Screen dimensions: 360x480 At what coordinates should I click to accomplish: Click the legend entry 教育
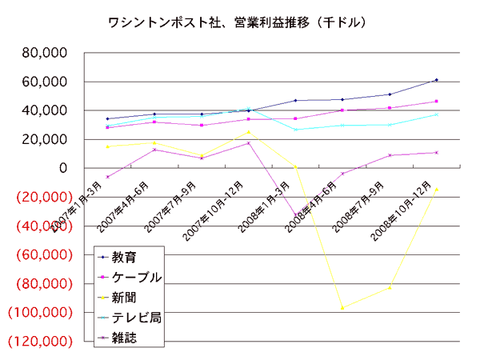(x=123, y=258)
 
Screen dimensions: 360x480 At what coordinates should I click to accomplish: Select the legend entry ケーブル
(x=137, y=278)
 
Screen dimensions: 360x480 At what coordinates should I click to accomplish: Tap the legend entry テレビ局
(x=137, y=318)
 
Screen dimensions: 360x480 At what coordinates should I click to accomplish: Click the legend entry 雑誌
(x=123, y=338)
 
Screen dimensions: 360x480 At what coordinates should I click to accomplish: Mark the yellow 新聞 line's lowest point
(x=342, y=308)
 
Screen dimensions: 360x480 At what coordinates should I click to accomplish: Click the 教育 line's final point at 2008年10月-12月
(x=436, y=80)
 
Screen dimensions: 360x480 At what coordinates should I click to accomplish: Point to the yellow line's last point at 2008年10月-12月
(x=436, y=190)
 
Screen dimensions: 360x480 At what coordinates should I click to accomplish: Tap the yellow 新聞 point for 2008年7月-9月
(x=390, y=287)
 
